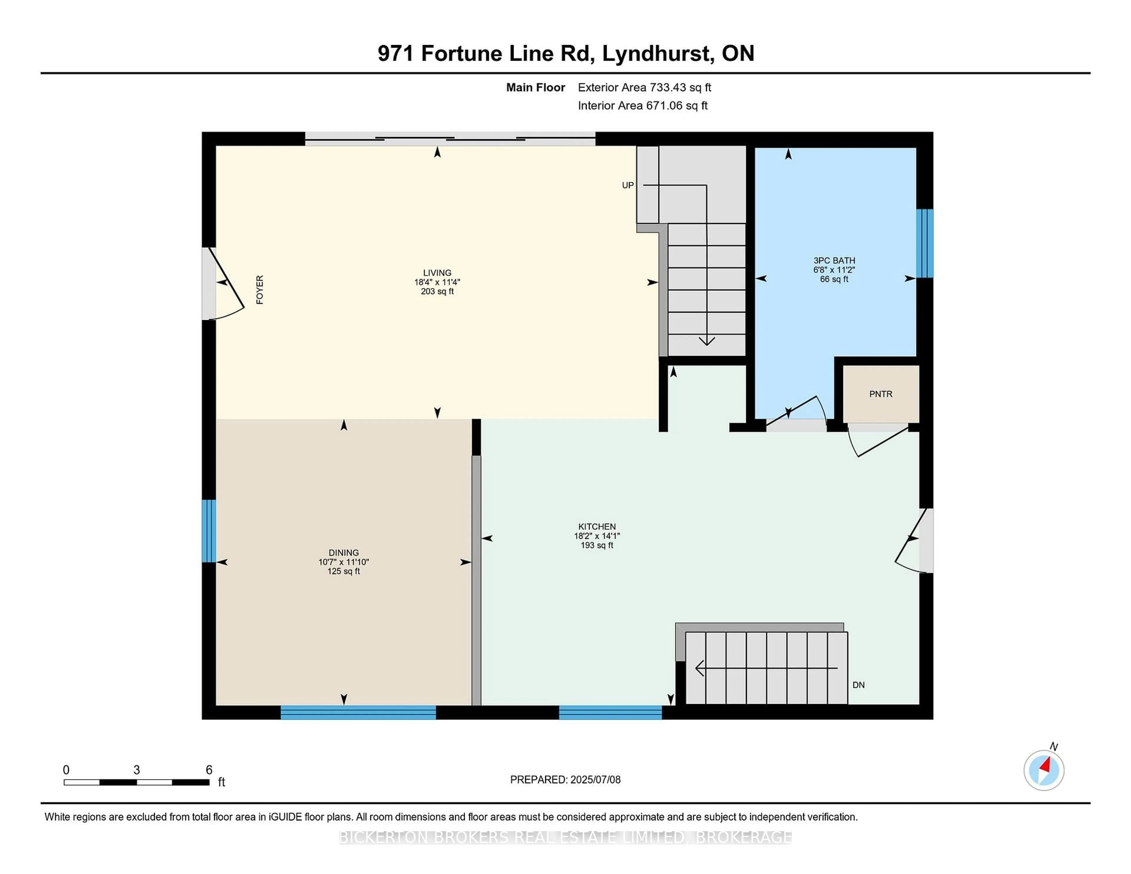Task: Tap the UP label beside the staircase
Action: tap(628, 185)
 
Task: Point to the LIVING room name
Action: tap(437, 273)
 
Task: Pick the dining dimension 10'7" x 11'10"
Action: tap(343, 562)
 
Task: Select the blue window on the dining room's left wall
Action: tap(209, 531)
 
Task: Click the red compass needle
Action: tap(1046, 765)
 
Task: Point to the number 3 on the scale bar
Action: tap(137, 770)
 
